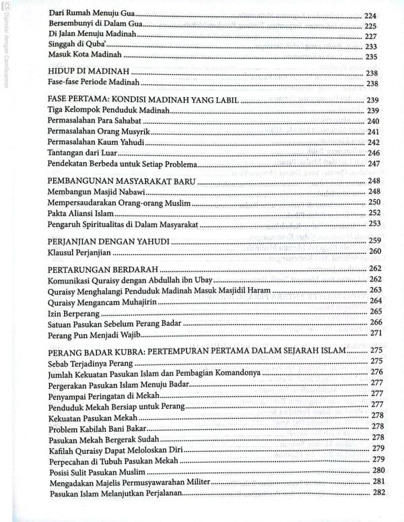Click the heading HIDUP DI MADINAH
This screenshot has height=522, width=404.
(x=90, y=72)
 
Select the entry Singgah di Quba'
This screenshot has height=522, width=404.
(x=73, y=46)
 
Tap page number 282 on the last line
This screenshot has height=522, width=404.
(x=378, y=494)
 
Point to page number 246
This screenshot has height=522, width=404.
(x=374, y=153)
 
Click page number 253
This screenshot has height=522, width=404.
(x=374, y=224)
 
